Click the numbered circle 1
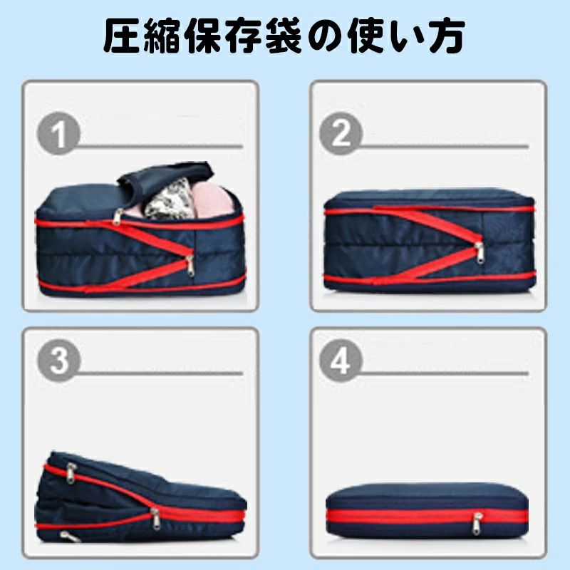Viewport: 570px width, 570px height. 59,133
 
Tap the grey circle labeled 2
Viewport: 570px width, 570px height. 341,133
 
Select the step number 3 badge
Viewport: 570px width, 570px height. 59,361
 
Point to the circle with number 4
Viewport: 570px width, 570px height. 341,361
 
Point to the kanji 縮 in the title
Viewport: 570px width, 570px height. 166,37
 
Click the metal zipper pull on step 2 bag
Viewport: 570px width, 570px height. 480,251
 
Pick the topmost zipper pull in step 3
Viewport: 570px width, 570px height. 70,472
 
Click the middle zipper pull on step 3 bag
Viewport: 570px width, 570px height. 155,515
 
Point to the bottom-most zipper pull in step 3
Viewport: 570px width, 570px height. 66,536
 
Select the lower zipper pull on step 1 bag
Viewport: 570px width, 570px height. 190,265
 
